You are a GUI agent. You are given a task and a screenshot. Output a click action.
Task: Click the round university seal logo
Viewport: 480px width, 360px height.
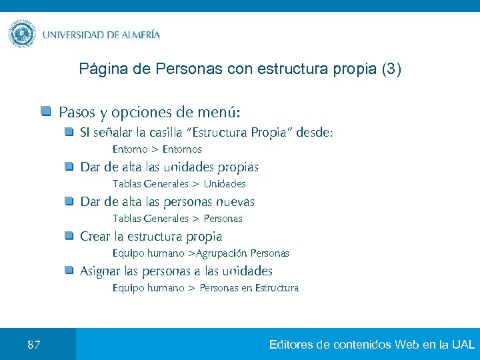click(x=23, y=33)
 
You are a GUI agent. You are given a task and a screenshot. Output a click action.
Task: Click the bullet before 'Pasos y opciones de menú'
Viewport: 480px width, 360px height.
click(x=45, y=111)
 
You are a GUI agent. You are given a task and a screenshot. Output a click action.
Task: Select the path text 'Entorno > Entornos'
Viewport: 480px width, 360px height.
click(x=157, y=149)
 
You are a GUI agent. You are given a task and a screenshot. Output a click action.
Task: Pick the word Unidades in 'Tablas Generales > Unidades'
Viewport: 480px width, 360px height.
click(x=225, y=184)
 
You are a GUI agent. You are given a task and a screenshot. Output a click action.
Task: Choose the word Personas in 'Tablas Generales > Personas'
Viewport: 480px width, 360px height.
click(x=223, y=219)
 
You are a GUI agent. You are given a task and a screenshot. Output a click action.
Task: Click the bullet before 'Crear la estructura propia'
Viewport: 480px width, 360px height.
click(x=69, y=236)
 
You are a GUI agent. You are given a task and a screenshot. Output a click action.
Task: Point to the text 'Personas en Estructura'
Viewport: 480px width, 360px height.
click(x=249, y=288)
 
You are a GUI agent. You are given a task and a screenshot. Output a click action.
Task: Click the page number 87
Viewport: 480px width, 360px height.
click(x=34, y=345)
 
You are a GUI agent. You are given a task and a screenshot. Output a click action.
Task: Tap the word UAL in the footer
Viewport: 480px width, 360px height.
click(x=463, y=345)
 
